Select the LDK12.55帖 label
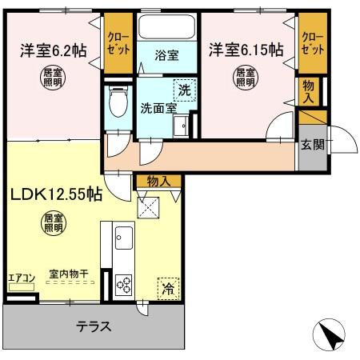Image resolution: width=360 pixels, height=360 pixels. click(x=55, y=194)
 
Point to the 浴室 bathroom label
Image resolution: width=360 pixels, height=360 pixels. click(x=166, y=58)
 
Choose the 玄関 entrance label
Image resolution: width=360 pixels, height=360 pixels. click(x=313, y=145)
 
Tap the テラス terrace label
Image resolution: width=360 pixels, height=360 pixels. click(x=94, y=326)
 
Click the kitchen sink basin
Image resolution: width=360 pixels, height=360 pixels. click(x=124, y=238)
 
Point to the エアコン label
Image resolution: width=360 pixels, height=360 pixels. click(x=21, y=278)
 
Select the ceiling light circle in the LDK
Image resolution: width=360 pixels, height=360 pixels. click(x=51, y=222)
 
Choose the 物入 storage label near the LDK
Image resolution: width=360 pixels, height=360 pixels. click(x=158, y=181)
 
